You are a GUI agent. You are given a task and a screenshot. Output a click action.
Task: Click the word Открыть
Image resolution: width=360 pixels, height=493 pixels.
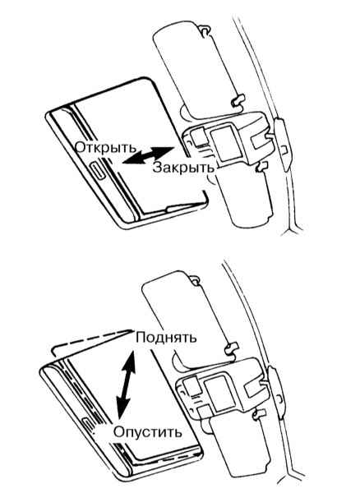click(x=106, y=147)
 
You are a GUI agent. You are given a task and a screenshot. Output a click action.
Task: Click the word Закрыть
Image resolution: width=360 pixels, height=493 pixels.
click(x=183, y=168)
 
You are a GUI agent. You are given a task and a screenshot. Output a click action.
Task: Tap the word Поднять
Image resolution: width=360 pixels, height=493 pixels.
click(x=166, y=338)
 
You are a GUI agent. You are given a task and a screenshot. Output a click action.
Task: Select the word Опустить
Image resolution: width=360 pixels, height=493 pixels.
click(x=148, y=432)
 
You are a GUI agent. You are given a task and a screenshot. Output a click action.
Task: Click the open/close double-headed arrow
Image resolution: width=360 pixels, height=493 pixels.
click(x=148, y=154)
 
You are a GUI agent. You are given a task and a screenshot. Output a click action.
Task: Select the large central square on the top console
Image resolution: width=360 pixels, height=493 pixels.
click(x=225, y=141)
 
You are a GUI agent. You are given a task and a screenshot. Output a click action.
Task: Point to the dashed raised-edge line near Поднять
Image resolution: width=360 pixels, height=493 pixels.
click(x=91, y=341)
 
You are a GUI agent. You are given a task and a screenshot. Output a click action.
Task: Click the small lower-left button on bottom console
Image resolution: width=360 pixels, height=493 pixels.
click(x=204, y=412)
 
